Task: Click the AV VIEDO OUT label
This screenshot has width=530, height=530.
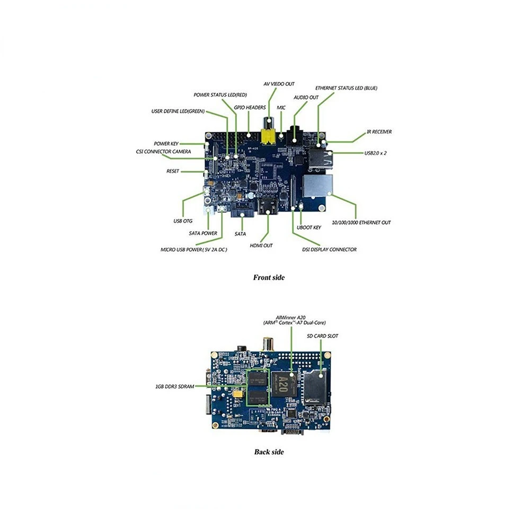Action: [279, 84]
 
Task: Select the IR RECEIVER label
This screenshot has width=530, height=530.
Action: [379, 131]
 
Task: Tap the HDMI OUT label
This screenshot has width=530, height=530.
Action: [261, 245]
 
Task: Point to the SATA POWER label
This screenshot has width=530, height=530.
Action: [203, 233]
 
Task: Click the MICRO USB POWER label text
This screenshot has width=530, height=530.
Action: [194, 249]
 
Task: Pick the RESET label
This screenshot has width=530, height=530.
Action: [173, 171]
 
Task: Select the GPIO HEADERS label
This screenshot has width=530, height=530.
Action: [250, 107]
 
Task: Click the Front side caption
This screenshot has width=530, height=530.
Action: [269, 277]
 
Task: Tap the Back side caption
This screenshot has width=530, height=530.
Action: [269, 452]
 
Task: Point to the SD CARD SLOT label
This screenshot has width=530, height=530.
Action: [322, 336]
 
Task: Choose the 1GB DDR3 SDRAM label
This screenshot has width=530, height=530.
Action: [171, 386]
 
